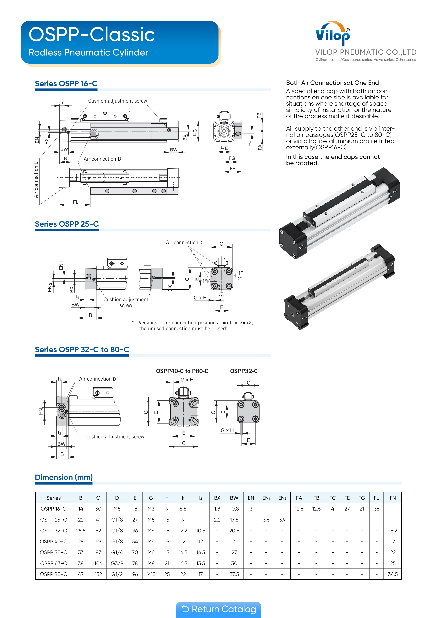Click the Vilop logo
(333, 34)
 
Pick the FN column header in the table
(393, 498)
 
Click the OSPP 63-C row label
(54, 563)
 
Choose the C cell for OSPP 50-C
(98, 552)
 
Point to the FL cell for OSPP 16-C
(376, 509)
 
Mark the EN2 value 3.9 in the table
(282, 520)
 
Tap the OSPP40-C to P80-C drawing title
(182, 371)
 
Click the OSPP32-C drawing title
(244, 371)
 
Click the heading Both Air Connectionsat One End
(332, 83)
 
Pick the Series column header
(54, 498)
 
